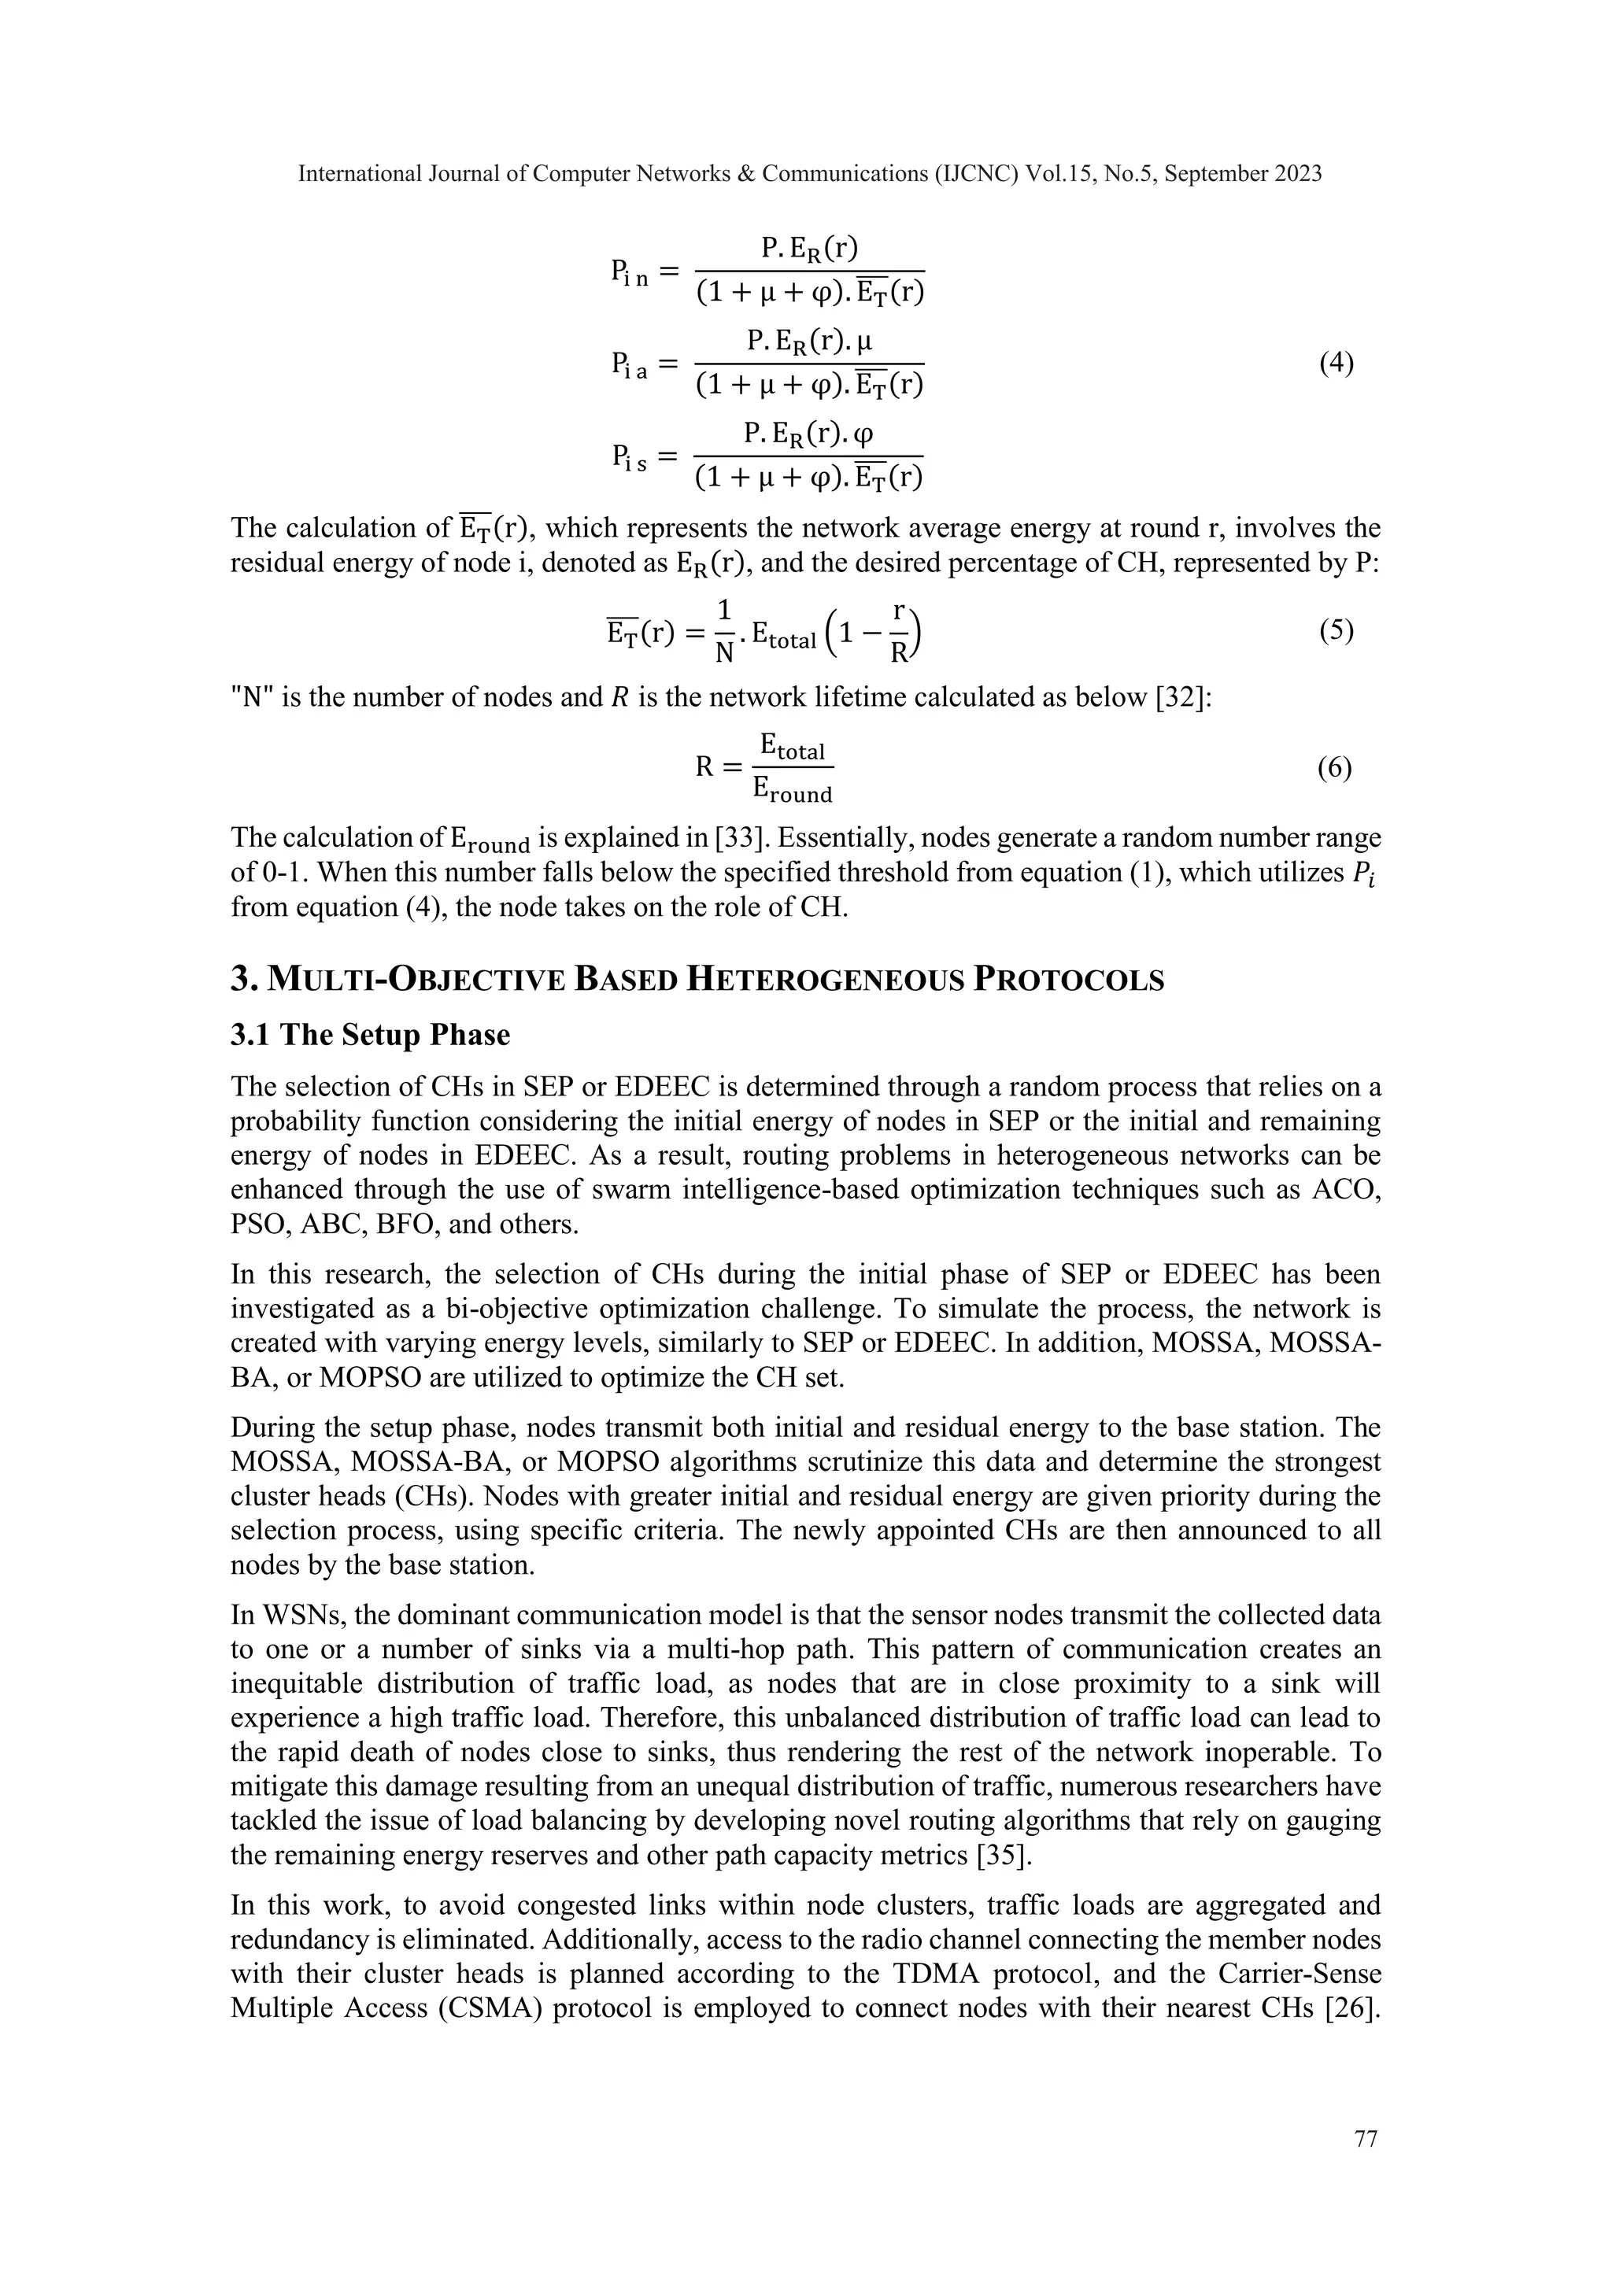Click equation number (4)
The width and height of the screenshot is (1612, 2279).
1336,364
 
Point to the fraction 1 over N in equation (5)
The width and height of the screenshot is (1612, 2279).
725,631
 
